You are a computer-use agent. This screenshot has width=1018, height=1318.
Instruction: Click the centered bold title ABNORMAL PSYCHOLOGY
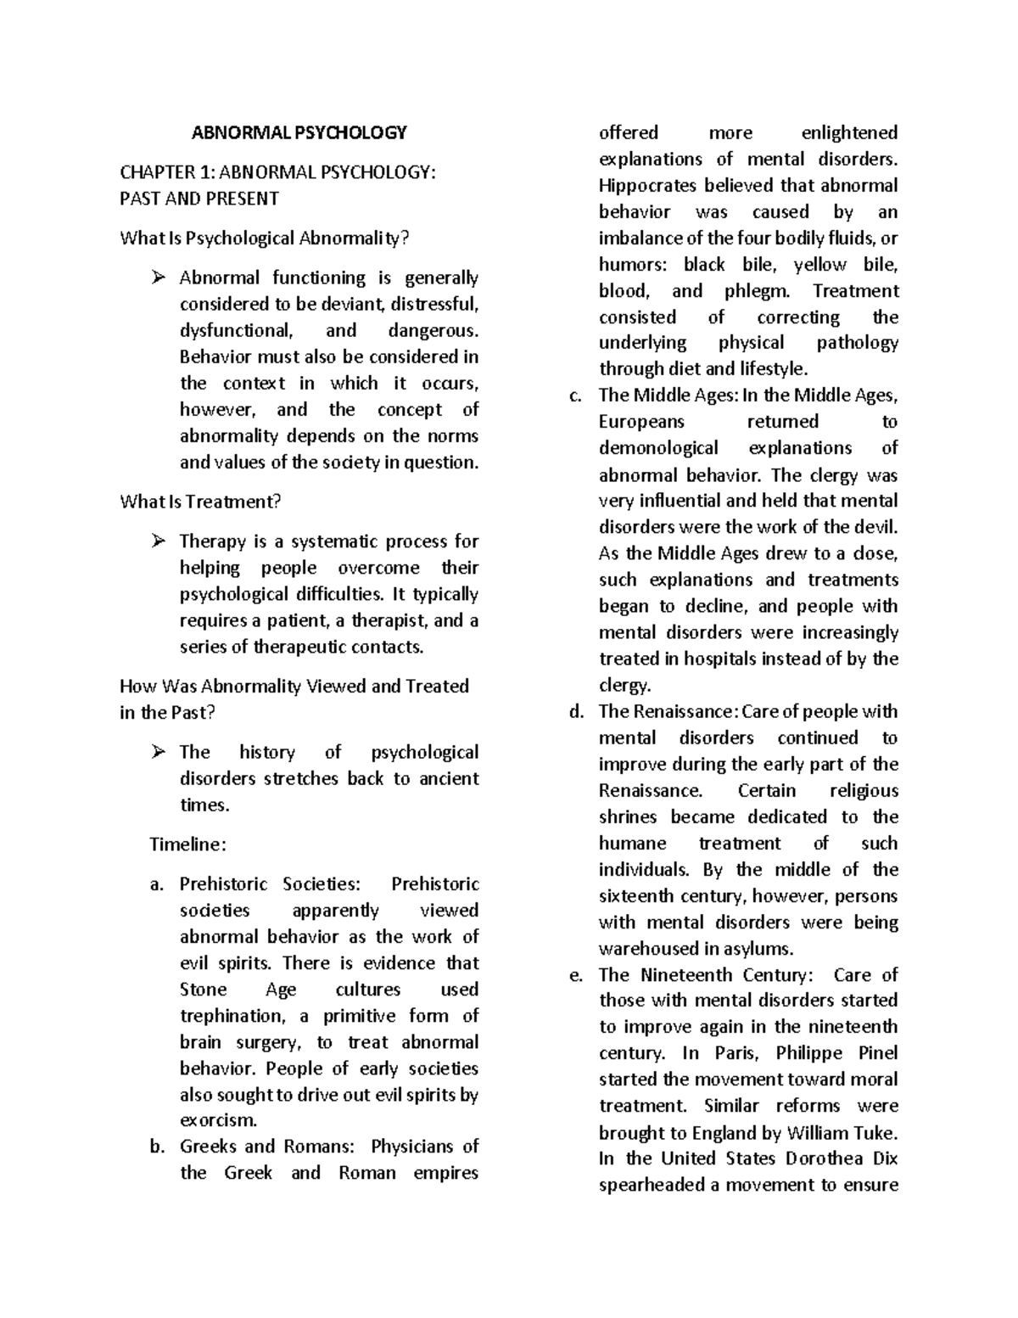(299, 132)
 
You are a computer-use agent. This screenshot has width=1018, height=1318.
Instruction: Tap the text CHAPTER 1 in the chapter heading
(165, 172)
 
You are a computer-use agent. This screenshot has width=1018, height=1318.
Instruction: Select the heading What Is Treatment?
(200, 502)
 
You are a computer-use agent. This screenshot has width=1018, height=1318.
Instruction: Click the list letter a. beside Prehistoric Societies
(156, 884)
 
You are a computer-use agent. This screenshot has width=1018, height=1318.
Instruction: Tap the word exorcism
(217, 1120)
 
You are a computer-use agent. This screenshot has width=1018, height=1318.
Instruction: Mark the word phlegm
(757, 291)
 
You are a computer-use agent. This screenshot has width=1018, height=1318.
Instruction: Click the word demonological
(658, 448)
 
